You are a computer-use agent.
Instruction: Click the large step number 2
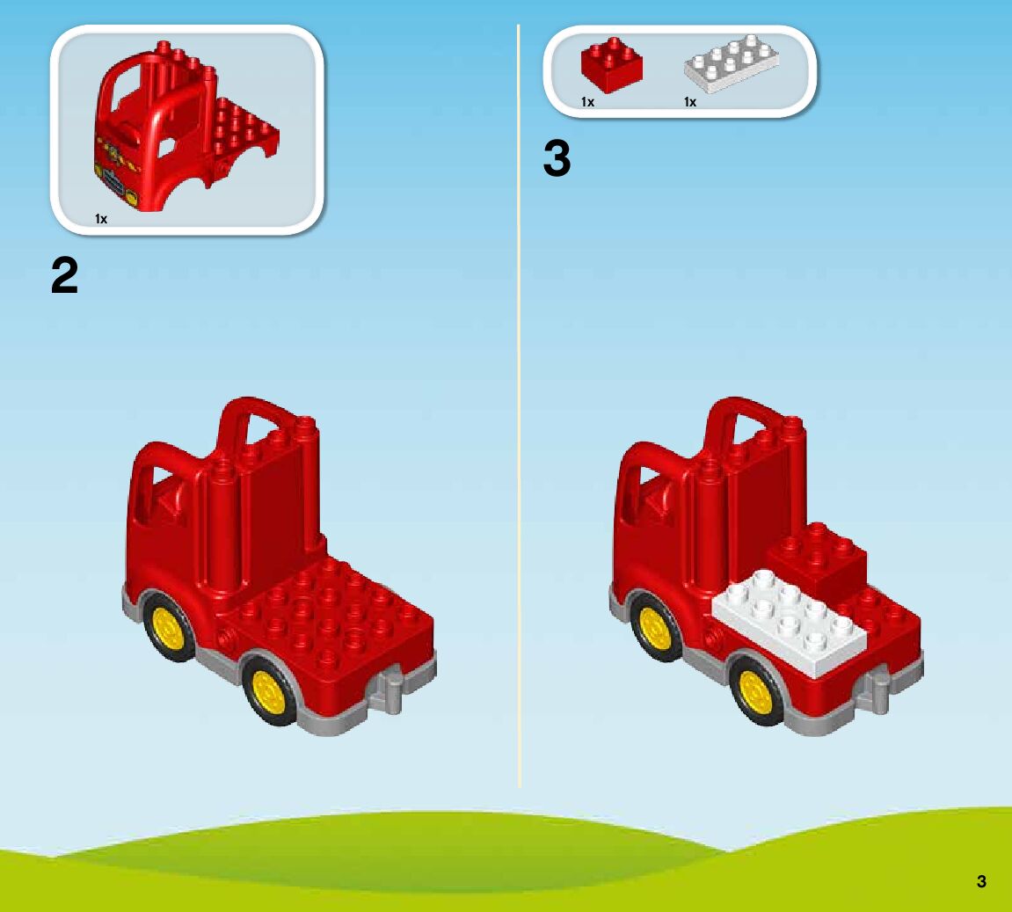point(65,277)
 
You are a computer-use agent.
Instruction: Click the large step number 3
point(557,160)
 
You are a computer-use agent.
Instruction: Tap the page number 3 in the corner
point(981,881)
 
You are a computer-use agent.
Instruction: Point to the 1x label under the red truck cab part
point(101,219)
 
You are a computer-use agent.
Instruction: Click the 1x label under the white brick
point(690,102)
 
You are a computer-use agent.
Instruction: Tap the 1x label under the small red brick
point(587,102)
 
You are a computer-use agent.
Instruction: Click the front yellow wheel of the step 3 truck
point(655,626)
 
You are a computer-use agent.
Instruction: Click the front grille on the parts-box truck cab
point(115,180)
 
